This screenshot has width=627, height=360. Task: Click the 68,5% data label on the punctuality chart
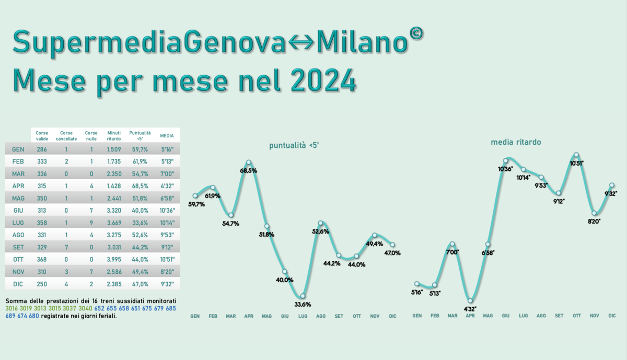(x=249, y=171)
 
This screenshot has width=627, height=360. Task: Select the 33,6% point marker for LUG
(x=303, y=296)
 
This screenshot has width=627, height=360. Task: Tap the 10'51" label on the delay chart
(x=576, y=164)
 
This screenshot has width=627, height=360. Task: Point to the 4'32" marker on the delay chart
(x=470, y=300)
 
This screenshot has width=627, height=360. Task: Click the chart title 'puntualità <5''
(x=294, y=146)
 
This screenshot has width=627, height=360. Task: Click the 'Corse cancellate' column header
(x=66, y=135)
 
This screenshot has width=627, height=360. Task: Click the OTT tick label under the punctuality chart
(x=357, y=316)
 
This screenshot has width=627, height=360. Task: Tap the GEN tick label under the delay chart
(x=417, y=316)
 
